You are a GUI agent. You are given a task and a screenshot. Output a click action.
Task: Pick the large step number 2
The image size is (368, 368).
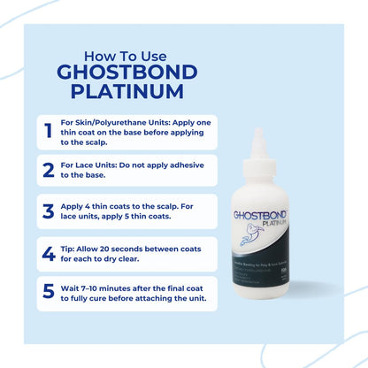48,169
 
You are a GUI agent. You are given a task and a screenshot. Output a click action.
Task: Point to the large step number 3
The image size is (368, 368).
48,211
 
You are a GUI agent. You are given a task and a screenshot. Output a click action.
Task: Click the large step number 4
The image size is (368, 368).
48,255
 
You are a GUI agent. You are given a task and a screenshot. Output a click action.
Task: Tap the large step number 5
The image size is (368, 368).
48,293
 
